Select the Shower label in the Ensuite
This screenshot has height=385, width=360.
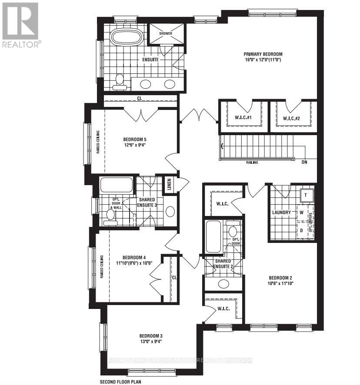pyautogui.click(x=165, y=33)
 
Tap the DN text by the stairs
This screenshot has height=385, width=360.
pyautogui.click(x=304, y=163)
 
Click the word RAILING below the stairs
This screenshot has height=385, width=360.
pyautogui.click(x=251, y=163)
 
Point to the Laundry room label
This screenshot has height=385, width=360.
pyautogui.click(x=281, y=212)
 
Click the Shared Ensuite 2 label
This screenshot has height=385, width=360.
pyautogui.click(x=223, y=264)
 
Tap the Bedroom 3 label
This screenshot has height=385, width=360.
pyautogui.click(x=151, y=336)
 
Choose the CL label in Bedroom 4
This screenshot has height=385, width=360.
pyautogui.click(x=173, y=277)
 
